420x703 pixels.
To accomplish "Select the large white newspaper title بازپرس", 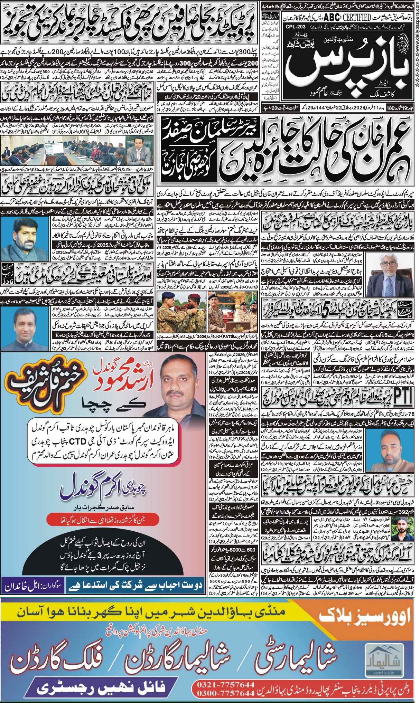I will tap(349, 69).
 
